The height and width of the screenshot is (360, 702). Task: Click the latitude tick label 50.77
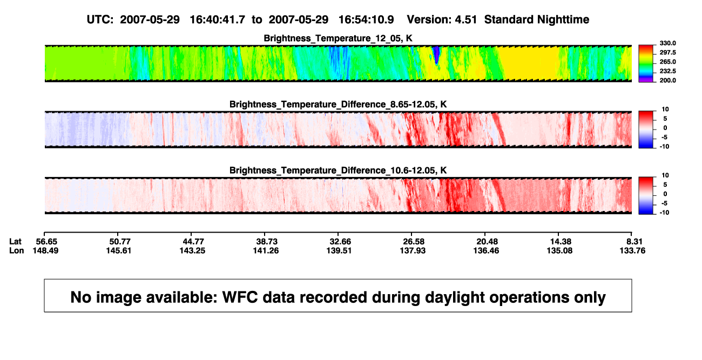click(120, 242)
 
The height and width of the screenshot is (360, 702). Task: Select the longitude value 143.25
click(192, 250)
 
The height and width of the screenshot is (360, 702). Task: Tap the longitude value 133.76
click(632, 250)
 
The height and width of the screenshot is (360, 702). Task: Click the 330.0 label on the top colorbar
click(667, 43)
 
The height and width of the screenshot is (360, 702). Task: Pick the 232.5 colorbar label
click(667, 71)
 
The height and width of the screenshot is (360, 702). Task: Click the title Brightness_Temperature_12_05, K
click(338, 38)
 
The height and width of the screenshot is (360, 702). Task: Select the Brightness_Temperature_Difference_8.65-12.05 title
click(338, 104)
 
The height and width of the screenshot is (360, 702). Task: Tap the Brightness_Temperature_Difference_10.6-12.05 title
click(338, 171)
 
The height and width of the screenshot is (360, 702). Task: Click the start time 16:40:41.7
click(217, 19)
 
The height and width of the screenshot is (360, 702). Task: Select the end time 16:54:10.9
click(366, 19)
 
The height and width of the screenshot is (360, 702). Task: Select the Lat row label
click(15, 242)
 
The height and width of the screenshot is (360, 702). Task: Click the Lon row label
click(16, 250)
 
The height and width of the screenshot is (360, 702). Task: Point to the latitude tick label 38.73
click(267, 242)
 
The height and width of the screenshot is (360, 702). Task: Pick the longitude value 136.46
click(486, 250)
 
